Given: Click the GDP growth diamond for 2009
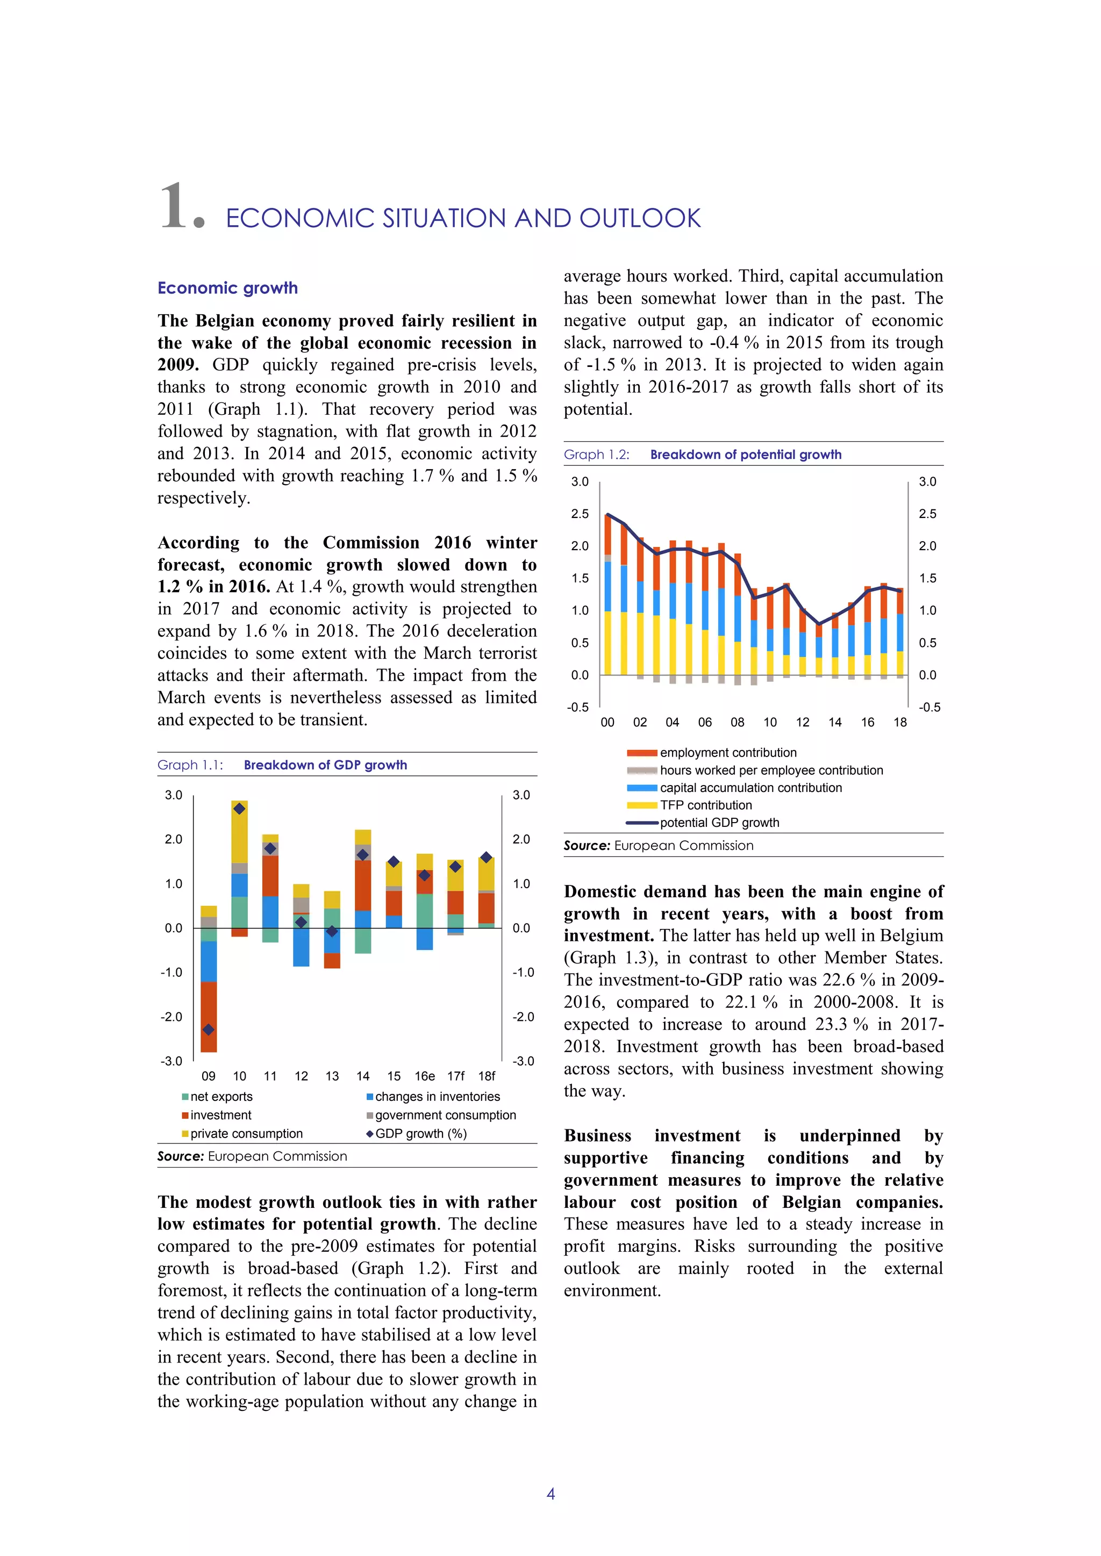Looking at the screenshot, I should (x=209, y=1029).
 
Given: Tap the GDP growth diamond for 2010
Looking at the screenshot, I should (x=239, y=809).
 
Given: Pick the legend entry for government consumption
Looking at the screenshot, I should (x=445, y=1115).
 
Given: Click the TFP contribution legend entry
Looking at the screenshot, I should (x=705, y=805).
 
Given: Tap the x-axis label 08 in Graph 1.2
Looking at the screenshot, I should (x=738, y=723).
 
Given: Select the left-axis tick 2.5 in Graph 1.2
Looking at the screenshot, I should (x=580, y=514).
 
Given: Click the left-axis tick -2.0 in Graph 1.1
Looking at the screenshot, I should (x=171, y=1017).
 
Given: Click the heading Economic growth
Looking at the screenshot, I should (x=228, y=288).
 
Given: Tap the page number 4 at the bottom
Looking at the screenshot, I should (x=550, y=1494).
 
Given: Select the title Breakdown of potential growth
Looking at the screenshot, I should (x=746, y=455).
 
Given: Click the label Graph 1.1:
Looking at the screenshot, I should (x=190, y=765).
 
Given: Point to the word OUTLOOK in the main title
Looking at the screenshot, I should (x=640, y=219).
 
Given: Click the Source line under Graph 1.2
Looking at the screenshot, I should (x=659, y=846).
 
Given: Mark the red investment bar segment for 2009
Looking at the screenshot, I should (x=209, y=1017).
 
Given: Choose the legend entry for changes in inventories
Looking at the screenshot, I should (x=437, y=1097).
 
